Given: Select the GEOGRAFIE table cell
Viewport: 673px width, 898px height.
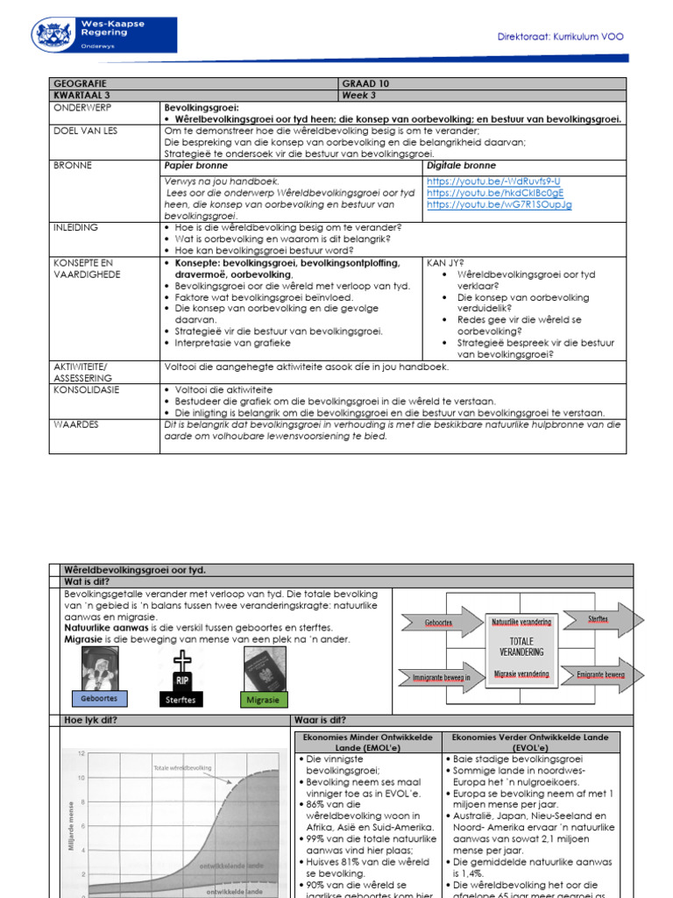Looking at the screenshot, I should coord(80,83).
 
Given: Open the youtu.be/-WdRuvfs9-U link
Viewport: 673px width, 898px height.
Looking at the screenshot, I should coord(493,181).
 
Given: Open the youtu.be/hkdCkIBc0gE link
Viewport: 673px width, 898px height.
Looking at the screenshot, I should coord(495,192).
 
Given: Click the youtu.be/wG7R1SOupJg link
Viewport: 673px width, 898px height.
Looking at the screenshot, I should coord(499,204).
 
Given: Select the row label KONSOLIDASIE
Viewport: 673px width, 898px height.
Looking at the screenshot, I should coord(87,388).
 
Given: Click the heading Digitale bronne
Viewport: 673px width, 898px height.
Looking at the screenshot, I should coord(461,165).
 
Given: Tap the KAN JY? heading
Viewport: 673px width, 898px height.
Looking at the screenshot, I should coord(444,262).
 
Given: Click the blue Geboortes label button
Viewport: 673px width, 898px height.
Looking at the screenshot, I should coord(99,698).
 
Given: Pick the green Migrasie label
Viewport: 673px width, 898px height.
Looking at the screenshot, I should coord(264,699).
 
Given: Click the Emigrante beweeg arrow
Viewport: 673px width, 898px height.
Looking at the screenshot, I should coord(599,673).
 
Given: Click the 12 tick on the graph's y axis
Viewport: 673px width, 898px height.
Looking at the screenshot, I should coord(81,753).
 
